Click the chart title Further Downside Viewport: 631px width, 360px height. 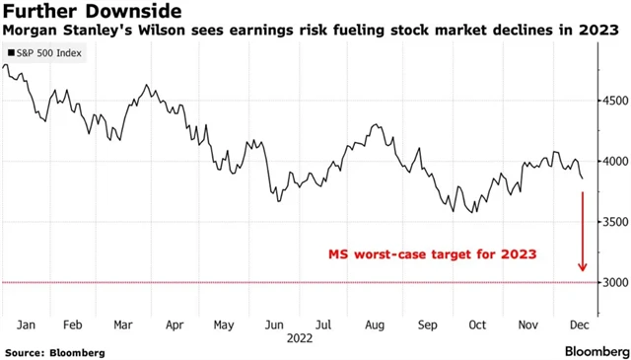pyautogui.click(x=91, y=12)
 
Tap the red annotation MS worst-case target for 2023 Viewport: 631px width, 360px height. pyautogui.click(x=432, y=253)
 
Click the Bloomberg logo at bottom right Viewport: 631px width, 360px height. pyautogui.click(x=597, y=351)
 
